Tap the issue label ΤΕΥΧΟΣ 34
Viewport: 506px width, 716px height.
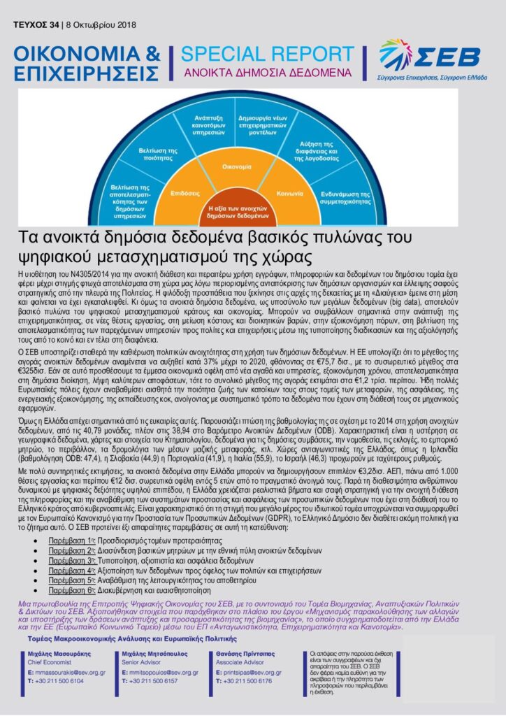pyautogui.click(x=36, y=25)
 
